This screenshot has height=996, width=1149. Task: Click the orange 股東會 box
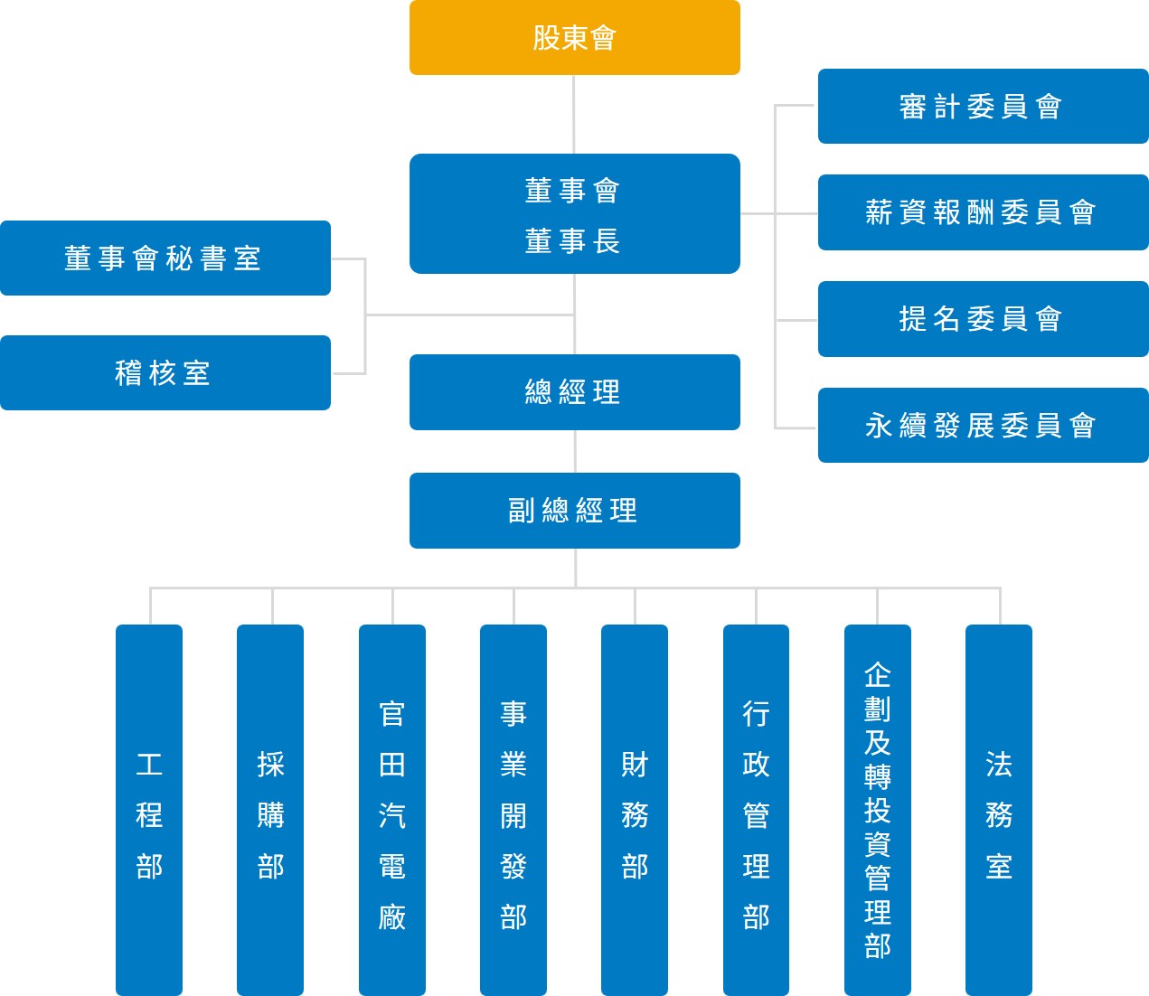coord(574,37)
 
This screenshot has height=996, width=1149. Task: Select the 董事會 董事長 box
coord(574,213)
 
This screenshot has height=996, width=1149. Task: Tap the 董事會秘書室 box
coord(165,258)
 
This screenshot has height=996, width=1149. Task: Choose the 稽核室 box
coord(165,372)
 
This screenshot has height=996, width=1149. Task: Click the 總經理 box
coord(574,391)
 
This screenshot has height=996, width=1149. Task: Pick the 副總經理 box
coord(574,510)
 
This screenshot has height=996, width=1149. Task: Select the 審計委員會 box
coord(983,106)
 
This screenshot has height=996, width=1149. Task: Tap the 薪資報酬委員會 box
coord(983,212)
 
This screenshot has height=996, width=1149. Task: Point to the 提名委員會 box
coord(983,318)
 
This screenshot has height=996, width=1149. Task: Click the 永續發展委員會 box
coord(983,425)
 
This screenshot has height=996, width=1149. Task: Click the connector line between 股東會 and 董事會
coord(574,114)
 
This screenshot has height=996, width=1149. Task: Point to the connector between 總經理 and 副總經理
coord(575,451)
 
